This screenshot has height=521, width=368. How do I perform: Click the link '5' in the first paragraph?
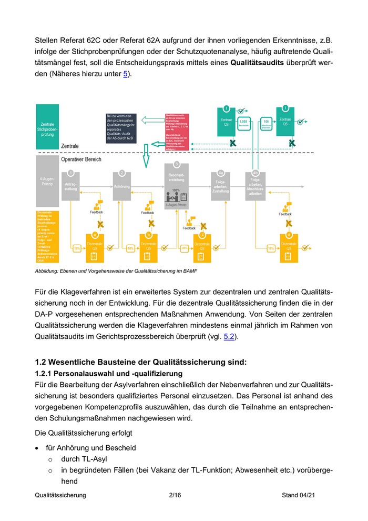(125, 74)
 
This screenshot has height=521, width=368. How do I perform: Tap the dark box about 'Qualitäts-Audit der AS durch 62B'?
(121, 126)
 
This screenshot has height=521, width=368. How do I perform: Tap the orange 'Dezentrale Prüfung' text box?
(47, 236)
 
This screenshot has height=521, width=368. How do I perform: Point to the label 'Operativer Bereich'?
(81, 159)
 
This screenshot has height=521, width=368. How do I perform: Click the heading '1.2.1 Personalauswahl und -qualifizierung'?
(109, 374)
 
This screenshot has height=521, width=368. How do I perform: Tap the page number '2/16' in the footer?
(175, 495)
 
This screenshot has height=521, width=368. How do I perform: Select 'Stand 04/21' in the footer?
(299, 495)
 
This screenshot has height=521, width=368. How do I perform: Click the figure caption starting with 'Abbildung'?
(116, 270)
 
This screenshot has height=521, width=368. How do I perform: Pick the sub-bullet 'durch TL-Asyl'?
(84, 459)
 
